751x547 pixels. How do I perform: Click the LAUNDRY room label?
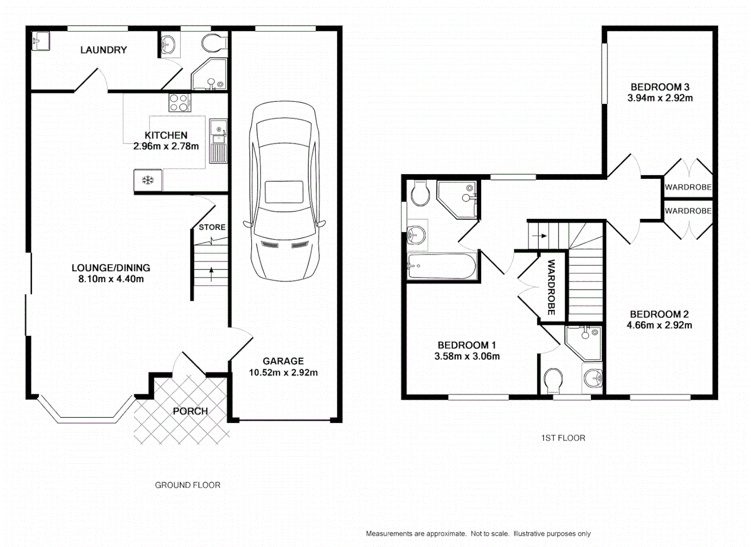pyautogui.click(x=103, y=50)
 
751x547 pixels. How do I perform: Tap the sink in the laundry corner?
pyautogui.click(x=41, y=41)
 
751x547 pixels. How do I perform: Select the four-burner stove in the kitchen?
pyautogui.click(x=180, y=103)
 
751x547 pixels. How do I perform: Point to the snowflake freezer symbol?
pyautogui.click(x=148, y=180)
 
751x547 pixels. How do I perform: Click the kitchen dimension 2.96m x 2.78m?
pyautogui.click(x=166, y=146)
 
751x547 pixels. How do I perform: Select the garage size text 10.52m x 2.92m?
pyautogui.click(x=283, y=373)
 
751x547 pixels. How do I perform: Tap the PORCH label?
pyautogui.click(x=190, y=411)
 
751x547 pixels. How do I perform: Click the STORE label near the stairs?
pyautogui.click(x=212, y=227)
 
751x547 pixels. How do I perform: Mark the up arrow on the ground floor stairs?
pyautogui.click(x=211, y=273)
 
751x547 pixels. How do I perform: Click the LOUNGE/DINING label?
pyautogui.click(x=110, y=268)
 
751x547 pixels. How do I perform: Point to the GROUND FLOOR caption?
pyautogui.click(x=187, y=485)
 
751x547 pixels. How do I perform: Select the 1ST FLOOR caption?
pyautogui.click(x=563, y=438)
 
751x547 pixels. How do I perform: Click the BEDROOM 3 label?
pyautogui.click(x=660, y=87)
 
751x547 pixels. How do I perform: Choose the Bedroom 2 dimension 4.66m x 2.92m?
pyautogui.click(x=659, y=326)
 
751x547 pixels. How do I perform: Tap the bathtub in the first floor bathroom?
pyautogui.click(x=442, y=266)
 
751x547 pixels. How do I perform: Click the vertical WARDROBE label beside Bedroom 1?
pyautogui.click(x=551, y=287)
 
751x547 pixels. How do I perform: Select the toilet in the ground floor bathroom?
pyautogui.click(x=214, y=43)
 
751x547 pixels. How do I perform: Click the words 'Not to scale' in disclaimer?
pyautogui.click(x=490, y=534)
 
